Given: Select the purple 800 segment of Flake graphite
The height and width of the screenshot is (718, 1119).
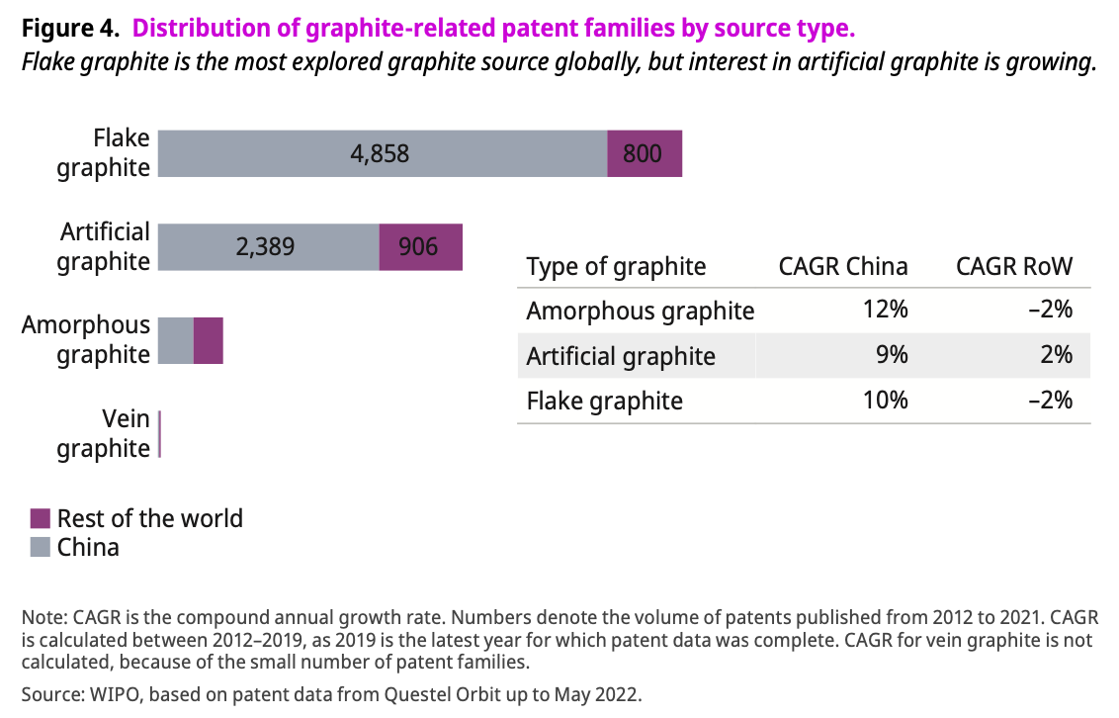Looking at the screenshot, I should tap(645, 153).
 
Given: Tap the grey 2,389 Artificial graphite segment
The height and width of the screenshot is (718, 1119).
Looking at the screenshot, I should tap(268, 246).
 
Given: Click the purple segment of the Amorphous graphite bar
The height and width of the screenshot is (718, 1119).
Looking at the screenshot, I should tap(209, 340).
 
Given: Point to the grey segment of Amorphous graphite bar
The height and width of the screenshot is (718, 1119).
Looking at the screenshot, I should tap(176, 340).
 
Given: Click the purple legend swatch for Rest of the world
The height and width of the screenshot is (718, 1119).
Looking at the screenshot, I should tap(41, 518).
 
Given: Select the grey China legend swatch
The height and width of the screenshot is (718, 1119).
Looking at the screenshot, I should tap(41, 547).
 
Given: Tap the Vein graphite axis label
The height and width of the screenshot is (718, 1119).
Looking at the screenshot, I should tap(104, 433).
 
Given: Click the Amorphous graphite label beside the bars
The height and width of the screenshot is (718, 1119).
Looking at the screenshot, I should tap(87, 340).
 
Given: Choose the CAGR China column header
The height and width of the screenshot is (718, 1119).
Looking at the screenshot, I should tap(843, 266).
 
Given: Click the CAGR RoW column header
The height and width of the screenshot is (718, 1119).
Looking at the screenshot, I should tap(1013, 266).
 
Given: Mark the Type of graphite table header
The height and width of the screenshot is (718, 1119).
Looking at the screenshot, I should tap(616, 266).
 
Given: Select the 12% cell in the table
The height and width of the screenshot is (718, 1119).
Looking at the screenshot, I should tap(884, 310).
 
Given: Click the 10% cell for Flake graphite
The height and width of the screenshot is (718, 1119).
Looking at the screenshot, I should tap(884, 401).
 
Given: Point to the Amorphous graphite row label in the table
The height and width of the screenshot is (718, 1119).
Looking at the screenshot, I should tap(640, 311).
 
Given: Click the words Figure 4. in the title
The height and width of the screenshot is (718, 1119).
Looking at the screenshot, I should tap(69, 29).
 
